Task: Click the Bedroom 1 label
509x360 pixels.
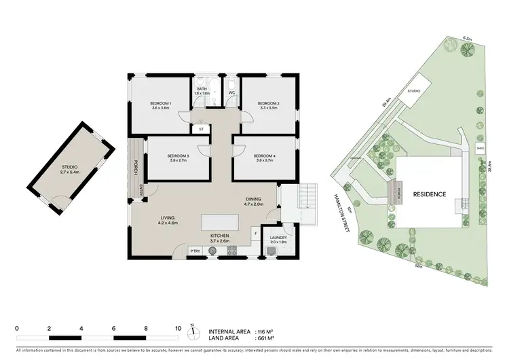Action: (161, 105)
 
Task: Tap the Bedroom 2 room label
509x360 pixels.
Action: (269, 105)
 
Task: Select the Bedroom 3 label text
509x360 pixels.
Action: (177, 158)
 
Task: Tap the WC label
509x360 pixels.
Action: (231, 92)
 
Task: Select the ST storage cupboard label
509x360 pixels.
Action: (202, 128)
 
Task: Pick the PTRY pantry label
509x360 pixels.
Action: (195, 251)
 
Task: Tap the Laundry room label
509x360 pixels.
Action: (278, 240)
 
